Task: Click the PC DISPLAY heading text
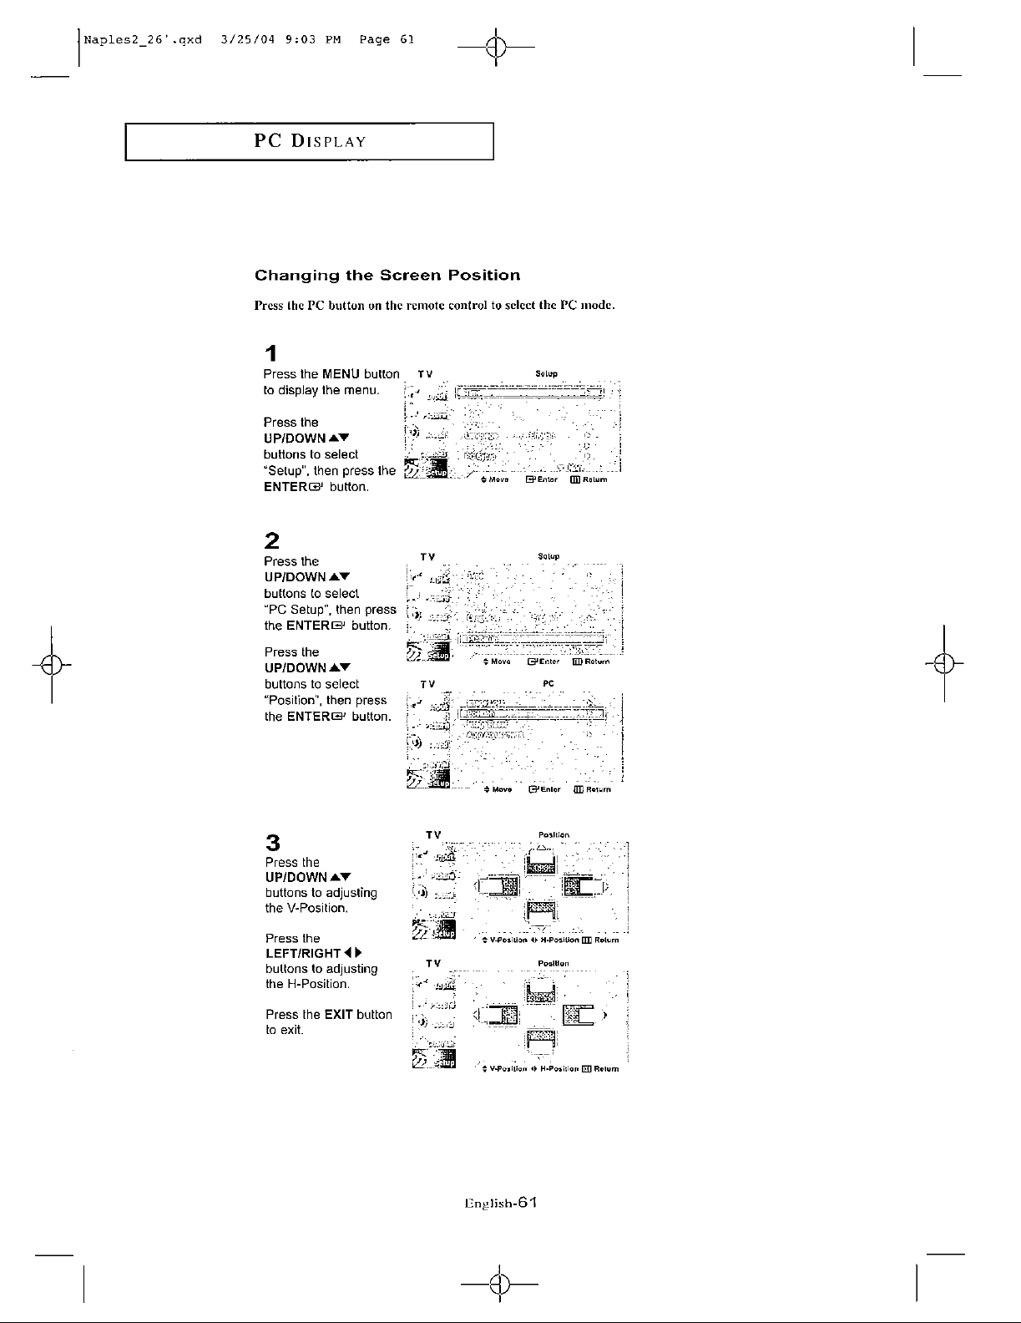coord(310,140)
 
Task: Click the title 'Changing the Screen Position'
coord(387,276)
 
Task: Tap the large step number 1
coord(270,353)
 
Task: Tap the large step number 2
coord(270,539)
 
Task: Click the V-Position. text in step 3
coord(295,909)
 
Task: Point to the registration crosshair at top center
coord(496,47)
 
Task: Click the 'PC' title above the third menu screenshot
coord(548,683)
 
